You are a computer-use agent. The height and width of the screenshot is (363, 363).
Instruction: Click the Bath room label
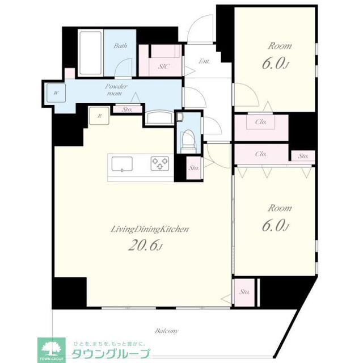click(120, 46)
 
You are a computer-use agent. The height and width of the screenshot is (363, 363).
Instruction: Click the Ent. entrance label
click(205, 61)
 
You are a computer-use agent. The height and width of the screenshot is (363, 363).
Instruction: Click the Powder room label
click(115, 90)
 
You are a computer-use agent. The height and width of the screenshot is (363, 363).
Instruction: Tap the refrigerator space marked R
click(100, 116)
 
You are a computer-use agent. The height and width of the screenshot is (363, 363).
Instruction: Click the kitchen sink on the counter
click(123, 164)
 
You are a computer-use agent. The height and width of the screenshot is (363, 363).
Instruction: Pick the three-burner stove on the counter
click(160, 164)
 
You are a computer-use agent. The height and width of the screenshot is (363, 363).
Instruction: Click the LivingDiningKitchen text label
click(149, 229)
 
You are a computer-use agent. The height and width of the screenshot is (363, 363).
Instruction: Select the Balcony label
click(167, 330)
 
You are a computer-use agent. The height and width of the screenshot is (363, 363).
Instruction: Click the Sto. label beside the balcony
click(244, 292)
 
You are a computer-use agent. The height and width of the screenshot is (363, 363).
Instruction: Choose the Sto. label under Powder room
click(128, 109)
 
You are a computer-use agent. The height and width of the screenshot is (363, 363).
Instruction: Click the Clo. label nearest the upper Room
click(261, 122)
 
